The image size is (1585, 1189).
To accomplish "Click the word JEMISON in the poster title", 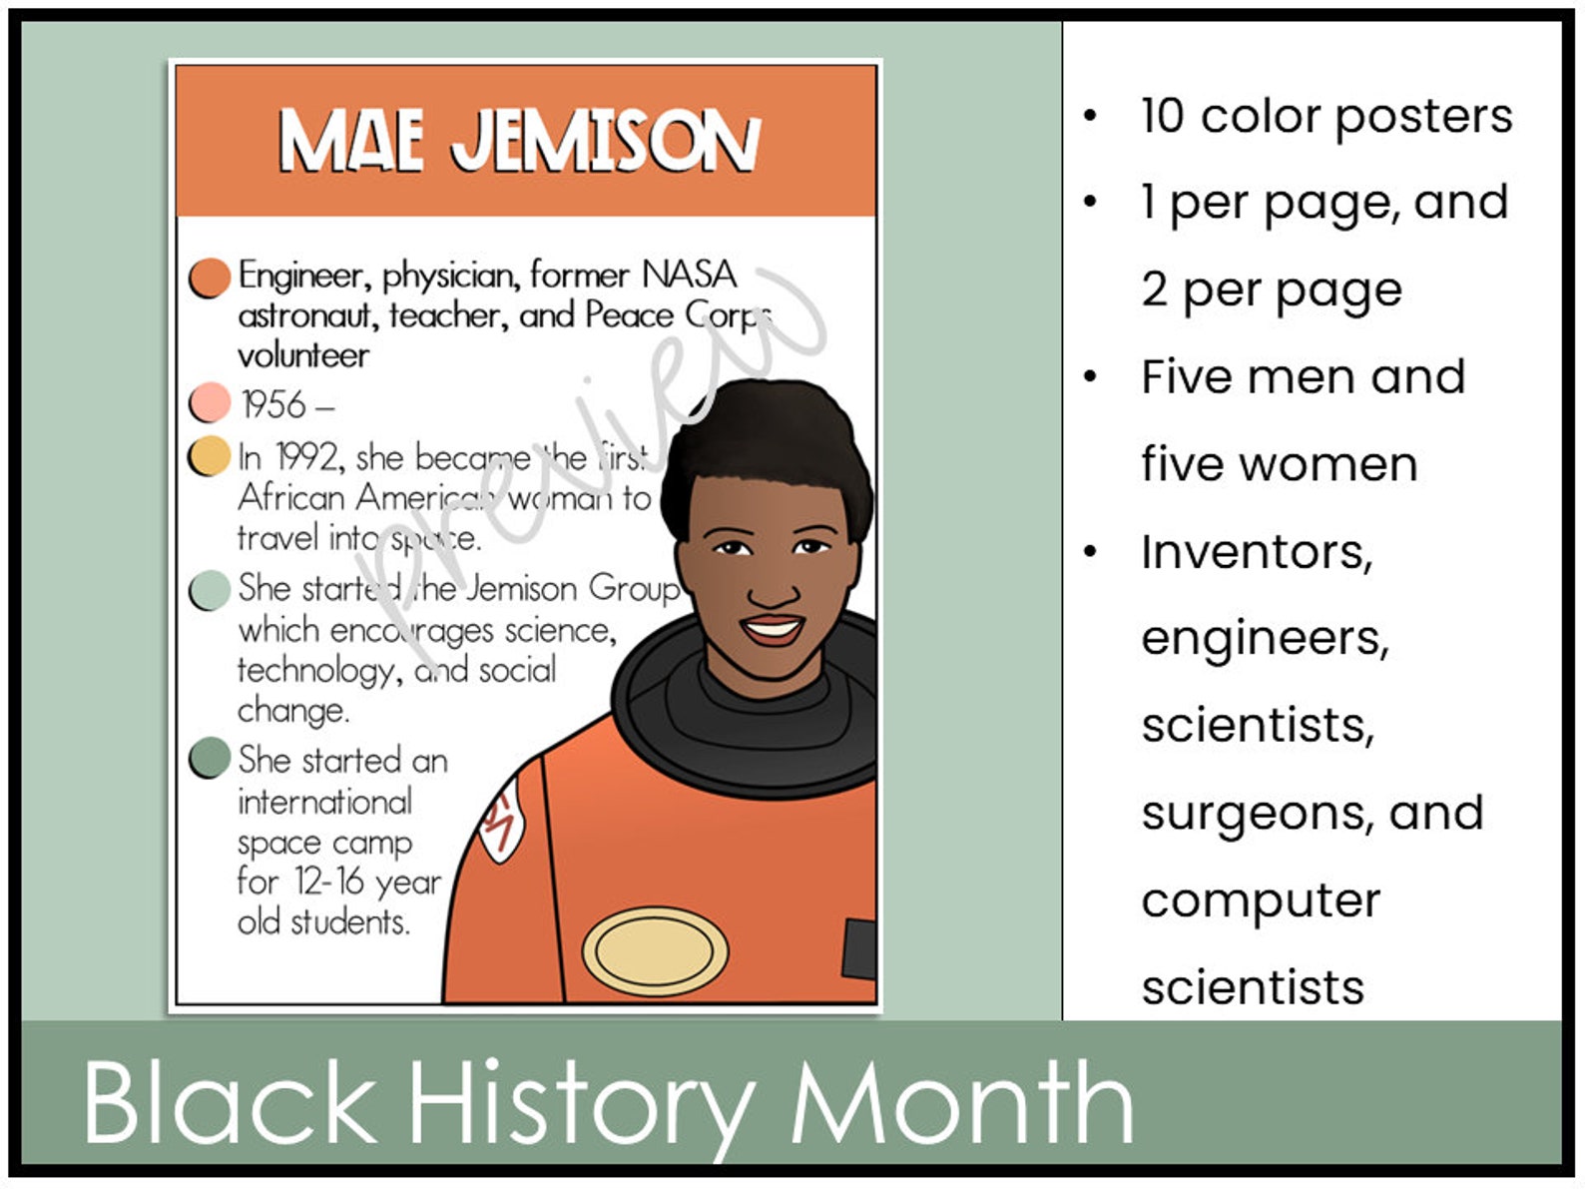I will (x=605, y=141).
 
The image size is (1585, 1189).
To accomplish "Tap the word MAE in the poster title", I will (x=349, y=141).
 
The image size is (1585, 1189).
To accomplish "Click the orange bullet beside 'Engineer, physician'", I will (x=210, y=279).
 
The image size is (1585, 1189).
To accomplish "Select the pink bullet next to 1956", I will (x=210, y=402).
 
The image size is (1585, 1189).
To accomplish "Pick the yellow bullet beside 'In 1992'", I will (x=210, y=456).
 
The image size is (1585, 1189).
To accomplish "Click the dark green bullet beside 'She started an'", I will (x=210, y=759).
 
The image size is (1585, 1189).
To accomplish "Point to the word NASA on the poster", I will (x=690, y=274).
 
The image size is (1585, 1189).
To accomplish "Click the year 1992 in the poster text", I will (x=307, y=457).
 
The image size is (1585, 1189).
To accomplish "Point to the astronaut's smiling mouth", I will (x=773, y=629).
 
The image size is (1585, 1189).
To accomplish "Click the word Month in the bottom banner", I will (x=962, y=1103).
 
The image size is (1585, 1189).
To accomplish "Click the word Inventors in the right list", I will (x=1257, y=552).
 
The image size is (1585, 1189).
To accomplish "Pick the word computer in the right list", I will (x=1261, y=900).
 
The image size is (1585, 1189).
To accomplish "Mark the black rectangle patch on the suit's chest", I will (x=860, y=949).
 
